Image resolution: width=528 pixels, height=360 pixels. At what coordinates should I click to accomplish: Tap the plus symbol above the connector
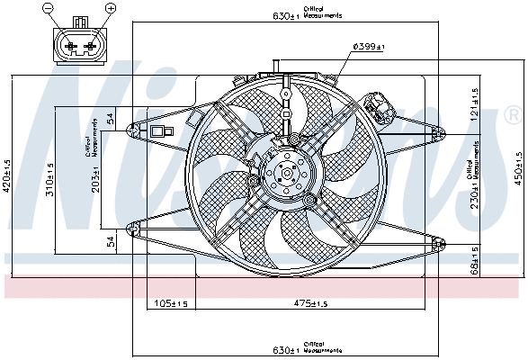111,8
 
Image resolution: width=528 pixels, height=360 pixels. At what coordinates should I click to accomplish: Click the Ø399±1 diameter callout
369,47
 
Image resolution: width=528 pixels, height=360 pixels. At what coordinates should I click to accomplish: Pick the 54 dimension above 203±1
110,118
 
